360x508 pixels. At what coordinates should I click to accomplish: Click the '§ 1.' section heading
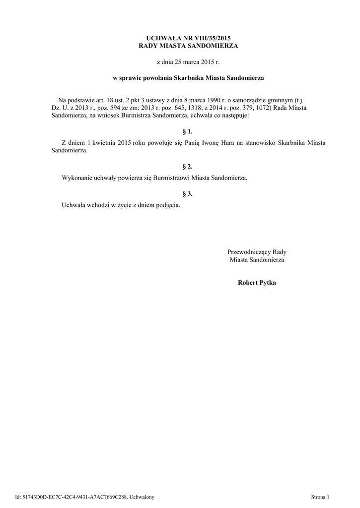[188, 131]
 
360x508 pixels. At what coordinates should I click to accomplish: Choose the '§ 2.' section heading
[188, 167]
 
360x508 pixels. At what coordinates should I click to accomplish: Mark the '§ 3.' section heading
[188, 193]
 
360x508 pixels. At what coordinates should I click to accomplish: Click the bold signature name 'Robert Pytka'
[257, 283]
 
